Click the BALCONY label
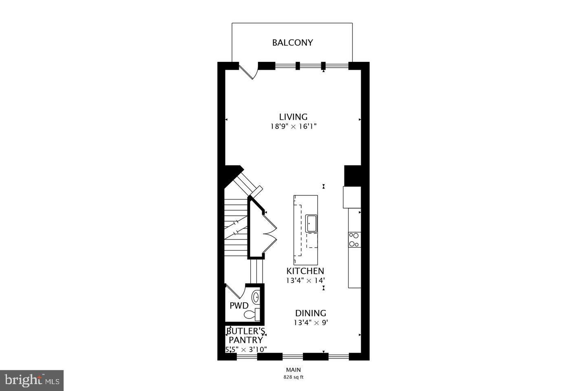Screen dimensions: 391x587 click(292, 42)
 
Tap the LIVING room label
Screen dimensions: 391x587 click(293, 117)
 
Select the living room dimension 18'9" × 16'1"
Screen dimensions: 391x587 click(293, 127)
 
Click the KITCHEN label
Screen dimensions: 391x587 click(305, 271)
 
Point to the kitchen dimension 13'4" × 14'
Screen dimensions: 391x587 click(305, 281)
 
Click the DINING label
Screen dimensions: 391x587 click(311, 313)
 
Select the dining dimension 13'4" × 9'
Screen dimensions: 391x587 click(311, 323)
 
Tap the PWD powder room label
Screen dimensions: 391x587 click(239, 305)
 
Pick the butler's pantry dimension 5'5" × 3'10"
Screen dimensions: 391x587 click(246, 349)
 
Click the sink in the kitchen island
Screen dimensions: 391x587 click(312, 224)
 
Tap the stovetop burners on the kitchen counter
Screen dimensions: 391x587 click(354, 239)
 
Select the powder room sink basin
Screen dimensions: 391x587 click(256, 298)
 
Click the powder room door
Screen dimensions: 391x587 click(234, 292)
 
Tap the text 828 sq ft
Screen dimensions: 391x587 click(293, 377)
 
